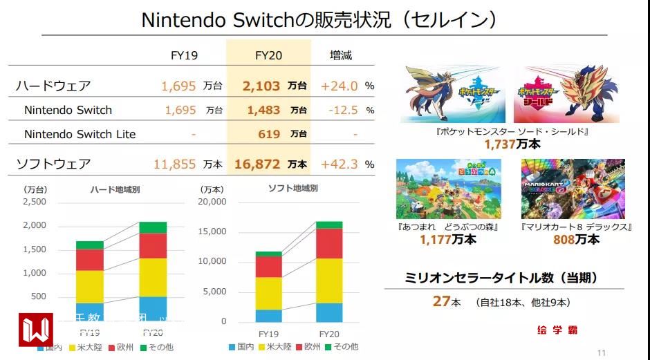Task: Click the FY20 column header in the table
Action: (x=268, y=55)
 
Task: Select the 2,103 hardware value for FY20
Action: (x=261, y=86)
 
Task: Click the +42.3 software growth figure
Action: (x=340, y=164)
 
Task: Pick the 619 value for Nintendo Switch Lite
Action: (x=269, y=134)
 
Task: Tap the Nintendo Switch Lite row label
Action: (x=80, y=134)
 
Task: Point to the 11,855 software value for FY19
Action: (x=175, y=164)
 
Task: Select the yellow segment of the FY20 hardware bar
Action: (x=153, y=278)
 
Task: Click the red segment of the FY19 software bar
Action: (x=268, y=266)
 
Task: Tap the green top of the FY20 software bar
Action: (x=329, y=225)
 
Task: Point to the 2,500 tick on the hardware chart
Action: (x=35, y=202)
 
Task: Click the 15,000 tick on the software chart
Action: (x=212, y=231)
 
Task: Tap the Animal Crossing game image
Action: (x=448, y=189)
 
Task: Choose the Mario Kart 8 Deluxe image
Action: (x=573, y=189)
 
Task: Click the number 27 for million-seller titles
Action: (x=441, y=301)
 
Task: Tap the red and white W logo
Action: (x=35, y=330)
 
